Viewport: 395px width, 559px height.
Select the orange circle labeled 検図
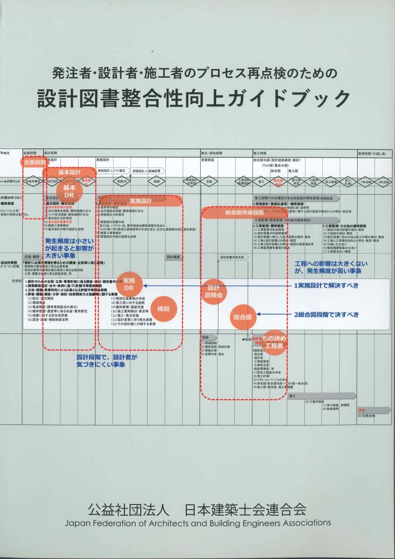(x=163, y=308)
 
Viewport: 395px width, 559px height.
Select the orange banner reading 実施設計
(x=141, y=201)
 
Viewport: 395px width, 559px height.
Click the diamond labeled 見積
(x=209, y=181)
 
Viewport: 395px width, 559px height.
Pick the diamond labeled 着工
(x=261, y=181)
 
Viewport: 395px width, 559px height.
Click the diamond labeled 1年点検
(x=366, y=181)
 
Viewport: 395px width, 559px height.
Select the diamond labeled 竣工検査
(x=331, y=181)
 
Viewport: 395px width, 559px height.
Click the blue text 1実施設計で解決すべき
(x=326, y=286)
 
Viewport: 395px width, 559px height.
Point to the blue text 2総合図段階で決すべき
(x=326, y=314)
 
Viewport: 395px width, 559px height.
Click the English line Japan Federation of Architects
(x=197, y=523)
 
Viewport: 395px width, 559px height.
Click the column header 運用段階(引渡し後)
(x=374, y=153)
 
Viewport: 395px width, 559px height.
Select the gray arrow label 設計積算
(x=173, y=257)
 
